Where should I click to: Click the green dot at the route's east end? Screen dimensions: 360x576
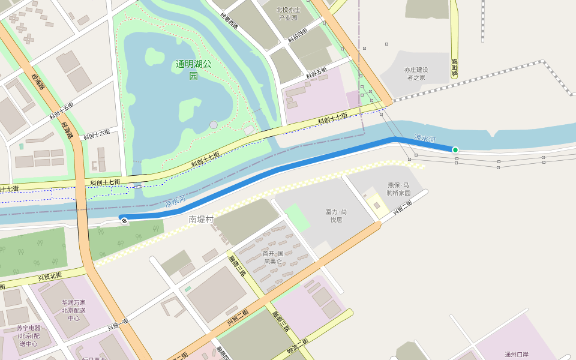[455, 149]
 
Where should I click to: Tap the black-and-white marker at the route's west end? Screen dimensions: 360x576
[124, 221]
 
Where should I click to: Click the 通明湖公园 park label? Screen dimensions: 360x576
[194, 70]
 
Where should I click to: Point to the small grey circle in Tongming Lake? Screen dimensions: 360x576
[214, 125]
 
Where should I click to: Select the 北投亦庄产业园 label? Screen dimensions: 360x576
[288, 14]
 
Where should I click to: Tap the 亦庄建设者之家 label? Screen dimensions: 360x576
[416, 74]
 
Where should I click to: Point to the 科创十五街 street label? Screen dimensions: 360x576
[61, 110]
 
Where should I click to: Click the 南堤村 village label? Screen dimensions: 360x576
[201, 220]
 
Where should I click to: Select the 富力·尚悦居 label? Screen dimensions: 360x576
[337, 216]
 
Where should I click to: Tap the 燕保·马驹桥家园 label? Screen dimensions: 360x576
[398, 189]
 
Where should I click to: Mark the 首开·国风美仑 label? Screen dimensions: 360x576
[273, 257]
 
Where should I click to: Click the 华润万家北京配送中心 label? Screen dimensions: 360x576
[74, 310]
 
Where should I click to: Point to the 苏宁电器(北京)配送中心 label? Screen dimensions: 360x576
[29, 336]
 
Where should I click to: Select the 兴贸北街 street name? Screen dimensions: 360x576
[50, 277]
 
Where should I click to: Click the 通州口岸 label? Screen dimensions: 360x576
[516, 354]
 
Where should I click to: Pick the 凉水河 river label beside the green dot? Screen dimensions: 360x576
[424, 139]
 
